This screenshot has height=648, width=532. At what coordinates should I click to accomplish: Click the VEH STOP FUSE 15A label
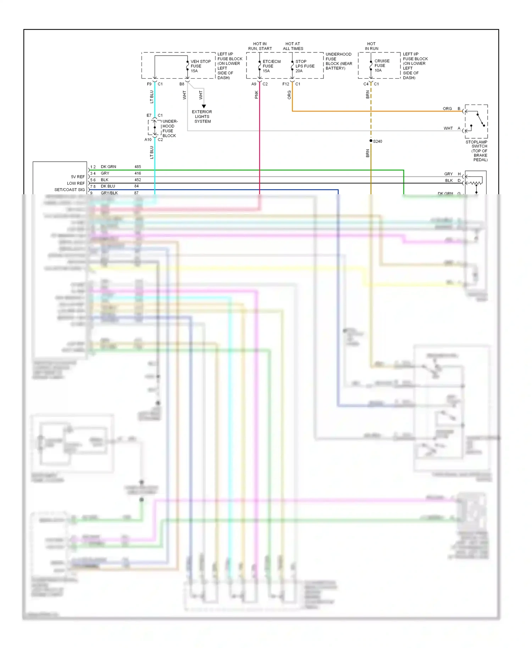click(200, 66)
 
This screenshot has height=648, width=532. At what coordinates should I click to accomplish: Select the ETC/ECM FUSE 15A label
click(271, 66)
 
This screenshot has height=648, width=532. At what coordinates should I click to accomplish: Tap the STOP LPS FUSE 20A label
click(305, 66)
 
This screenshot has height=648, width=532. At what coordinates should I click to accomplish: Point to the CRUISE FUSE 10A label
click(382, 66)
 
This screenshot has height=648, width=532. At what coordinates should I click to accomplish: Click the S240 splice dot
click(371, 141)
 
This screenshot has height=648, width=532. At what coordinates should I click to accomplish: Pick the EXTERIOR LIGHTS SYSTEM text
click(202, 117)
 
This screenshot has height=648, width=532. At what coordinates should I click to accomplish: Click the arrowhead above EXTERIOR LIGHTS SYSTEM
click(204, 106)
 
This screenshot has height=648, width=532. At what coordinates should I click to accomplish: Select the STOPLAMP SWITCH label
click(477, 144)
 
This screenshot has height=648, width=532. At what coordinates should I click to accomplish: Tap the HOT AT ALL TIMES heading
click(293, 46)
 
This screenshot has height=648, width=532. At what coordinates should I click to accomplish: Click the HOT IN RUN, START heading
click(260, 46)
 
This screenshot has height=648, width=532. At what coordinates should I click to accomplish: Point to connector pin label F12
click(286, 84)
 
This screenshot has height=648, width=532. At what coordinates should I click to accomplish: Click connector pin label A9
click(254, 84)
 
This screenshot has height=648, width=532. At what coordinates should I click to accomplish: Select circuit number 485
click(138, 167)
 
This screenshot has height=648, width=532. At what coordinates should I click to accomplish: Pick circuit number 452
click(138, 180)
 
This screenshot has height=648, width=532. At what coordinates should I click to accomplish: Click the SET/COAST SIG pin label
click(70, 190)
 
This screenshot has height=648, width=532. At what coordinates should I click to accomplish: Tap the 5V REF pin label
click(78, 177)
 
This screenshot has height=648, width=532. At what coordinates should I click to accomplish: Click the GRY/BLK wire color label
click(109, 193)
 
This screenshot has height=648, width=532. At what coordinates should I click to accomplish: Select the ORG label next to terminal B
click(447, 108)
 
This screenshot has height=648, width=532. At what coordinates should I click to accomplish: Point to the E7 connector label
click(149, 115)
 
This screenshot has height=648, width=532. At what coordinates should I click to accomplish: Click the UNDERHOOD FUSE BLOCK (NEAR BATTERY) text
click(339, 61)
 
